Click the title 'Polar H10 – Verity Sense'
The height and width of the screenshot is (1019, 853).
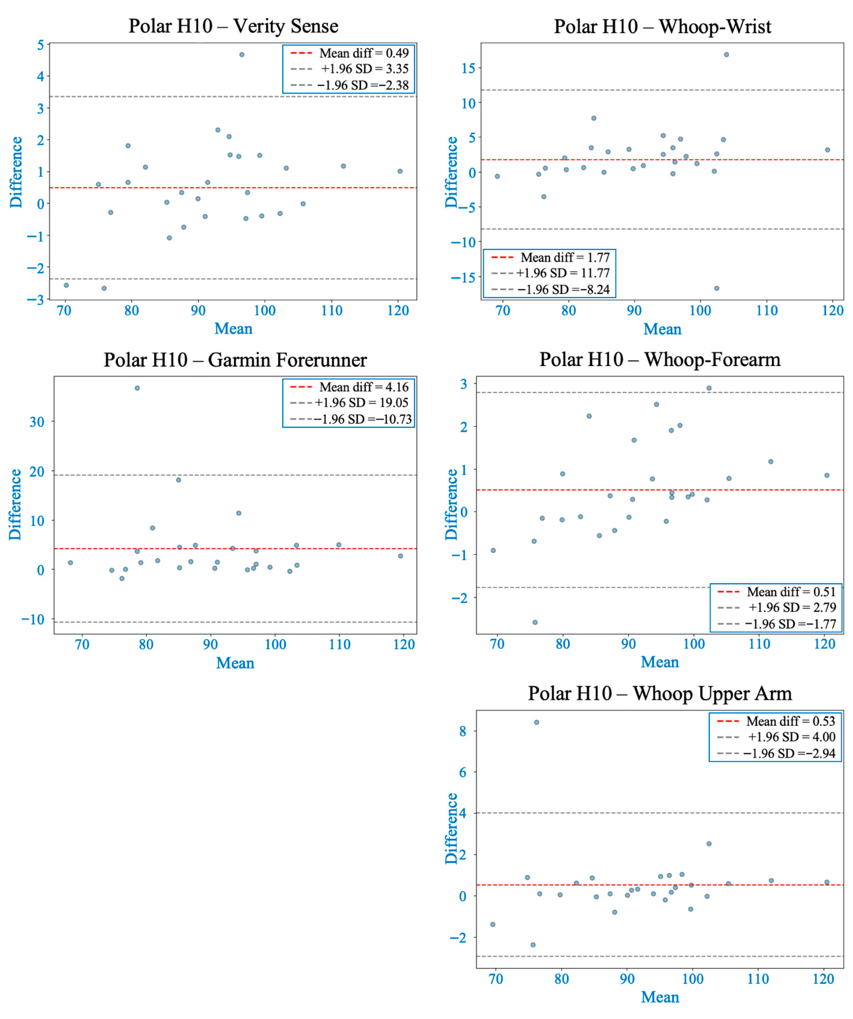click(x=233, y=26)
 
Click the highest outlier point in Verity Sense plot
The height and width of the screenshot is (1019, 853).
click(x=242, y=55)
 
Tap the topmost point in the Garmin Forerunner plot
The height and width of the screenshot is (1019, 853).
click(x=137, y=388)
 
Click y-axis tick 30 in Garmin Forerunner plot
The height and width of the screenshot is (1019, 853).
click(x=37, y=422)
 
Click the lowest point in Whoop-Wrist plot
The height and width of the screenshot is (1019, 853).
click(x=717, y=288)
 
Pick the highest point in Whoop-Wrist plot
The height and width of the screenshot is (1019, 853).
click(x=726, y=55)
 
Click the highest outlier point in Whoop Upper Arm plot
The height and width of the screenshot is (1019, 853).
click(x=537, y=723)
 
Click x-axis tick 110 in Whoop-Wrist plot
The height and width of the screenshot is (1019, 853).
click(x=767, y=311)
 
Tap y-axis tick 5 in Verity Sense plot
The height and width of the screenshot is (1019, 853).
click(x=41, y=45)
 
